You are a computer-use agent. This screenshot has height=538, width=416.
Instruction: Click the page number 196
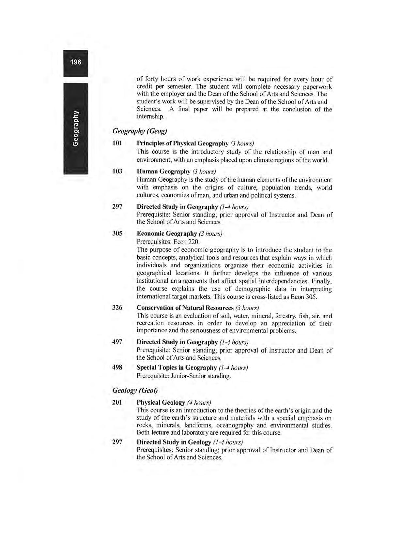click(x=75, y=62)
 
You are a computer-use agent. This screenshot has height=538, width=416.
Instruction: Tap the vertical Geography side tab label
click(x=75, y=128)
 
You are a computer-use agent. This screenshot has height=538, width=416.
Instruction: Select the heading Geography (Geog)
click(x=139, y=131)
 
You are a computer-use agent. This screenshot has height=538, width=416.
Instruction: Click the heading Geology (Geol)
click(x=135, y=390)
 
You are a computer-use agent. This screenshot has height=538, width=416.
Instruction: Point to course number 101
click(x=117, y=143)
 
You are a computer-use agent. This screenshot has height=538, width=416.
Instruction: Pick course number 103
click(x=117, y=171)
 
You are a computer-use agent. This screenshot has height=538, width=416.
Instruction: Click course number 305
click(x=117, y=233)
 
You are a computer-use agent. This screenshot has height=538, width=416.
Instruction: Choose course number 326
click(x=117, y=307)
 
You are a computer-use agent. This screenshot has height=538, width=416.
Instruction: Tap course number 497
click(x=117, y=342)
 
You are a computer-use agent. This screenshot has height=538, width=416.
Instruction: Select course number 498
click(x=117, y=367)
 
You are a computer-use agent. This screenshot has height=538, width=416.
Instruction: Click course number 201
click(x=117, y=402)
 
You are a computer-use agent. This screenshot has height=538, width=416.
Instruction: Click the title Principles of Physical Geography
click(x=182, y=143)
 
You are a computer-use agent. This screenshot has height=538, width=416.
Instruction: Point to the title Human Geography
click(x=163, y=172)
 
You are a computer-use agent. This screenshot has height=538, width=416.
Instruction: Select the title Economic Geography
click(x=167, y=234)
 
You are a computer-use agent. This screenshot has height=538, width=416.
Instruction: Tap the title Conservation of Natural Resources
click(x=185, y=308)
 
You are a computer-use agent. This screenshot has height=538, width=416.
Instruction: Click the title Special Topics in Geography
click(x=177, y=368)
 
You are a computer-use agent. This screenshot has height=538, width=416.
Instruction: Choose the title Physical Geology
click(x=161, y=403)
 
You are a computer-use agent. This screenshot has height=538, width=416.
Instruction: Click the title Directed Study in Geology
click(x=174, y=442)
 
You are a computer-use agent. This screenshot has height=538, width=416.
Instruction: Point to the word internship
click(x=150, y=116)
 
